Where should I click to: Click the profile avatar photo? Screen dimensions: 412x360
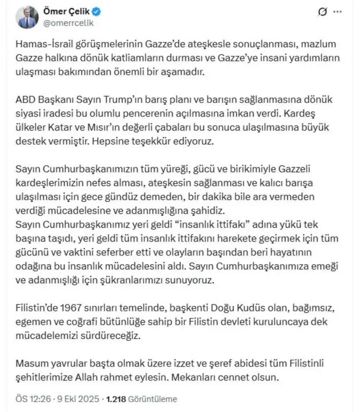(x=27, y=17)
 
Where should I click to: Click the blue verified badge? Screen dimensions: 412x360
(x=97, y=12)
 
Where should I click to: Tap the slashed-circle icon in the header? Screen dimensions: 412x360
(x=322, y=12)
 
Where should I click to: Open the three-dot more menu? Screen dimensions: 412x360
(x=339, y=12)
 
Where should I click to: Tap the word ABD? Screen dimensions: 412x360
(x=24, y=99)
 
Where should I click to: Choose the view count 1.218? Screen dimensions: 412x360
(x=116, y=399)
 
